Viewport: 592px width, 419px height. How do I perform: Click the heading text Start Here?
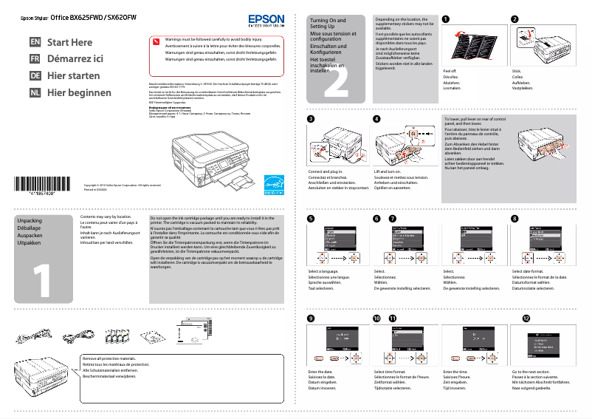[x=70, y=43]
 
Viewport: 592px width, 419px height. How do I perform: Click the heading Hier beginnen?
[x=79, y=93]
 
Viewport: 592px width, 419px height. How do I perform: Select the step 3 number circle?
[x=311, y=119]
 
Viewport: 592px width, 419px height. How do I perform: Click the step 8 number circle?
[x=514, y=219]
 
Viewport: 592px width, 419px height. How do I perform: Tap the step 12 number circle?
[x=526, y=318]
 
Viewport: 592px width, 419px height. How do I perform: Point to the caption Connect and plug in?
[x=324, y=171]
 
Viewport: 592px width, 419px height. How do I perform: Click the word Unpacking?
[x=30, y=220]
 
